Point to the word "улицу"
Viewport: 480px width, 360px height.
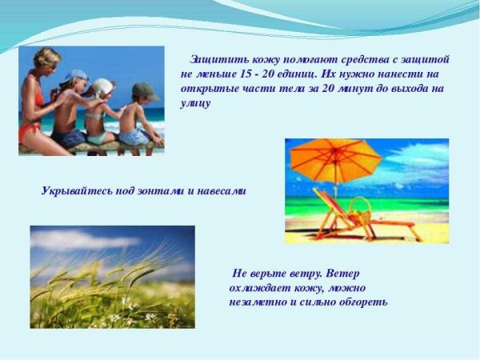(196, 103)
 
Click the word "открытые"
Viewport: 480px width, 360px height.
(208, 89)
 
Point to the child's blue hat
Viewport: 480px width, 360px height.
(77, 76)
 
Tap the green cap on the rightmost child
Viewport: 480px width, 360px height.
(144, 90)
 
